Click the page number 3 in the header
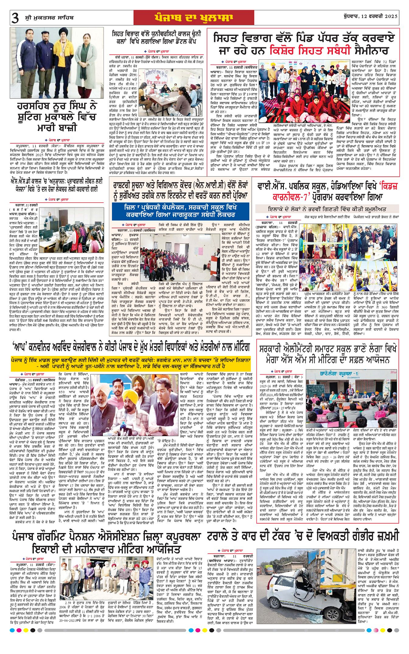(15, 18)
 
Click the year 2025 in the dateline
(389, 16)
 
